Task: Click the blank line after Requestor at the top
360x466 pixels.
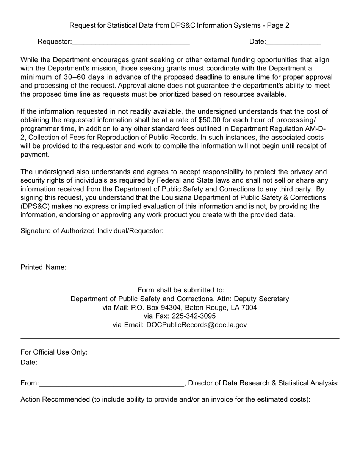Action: (131, 42)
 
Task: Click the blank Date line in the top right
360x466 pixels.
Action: (294, 42)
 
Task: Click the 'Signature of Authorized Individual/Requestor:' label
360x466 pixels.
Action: (92, 231)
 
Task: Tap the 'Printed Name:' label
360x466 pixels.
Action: (44, 267)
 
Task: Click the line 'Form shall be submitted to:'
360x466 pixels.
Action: (181, 290)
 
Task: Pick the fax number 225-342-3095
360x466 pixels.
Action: (194, 316)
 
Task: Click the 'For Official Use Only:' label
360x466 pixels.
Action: (54, 352)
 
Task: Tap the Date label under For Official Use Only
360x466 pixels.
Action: (29, 363)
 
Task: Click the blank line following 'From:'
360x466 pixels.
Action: (111, 384)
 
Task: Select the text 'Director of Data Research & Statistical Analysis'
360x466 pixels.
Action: (262, 383)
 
